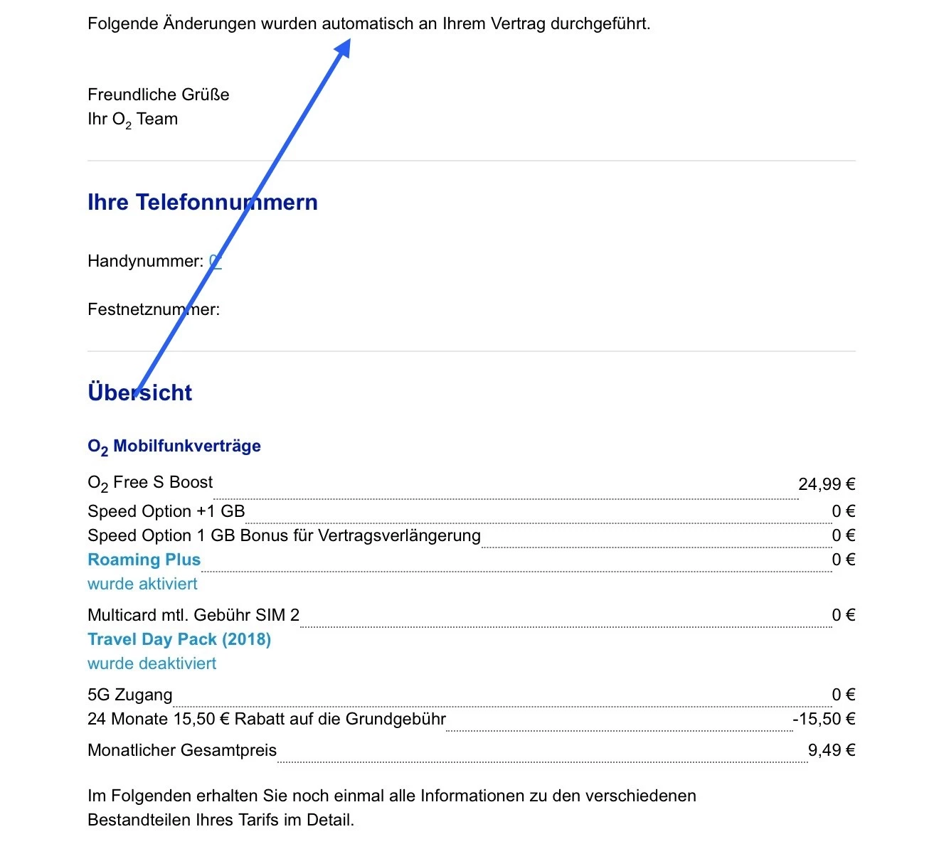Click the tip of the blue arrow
point(349,41)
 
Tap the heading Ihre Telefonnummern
point(202,203)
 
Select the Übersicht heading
point(140,392)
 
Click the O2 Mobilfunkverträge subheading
point(174,447)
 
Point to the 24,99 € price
point(827,484)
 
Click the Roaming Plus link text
point(144,560)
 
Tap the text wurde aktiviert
point(142,584)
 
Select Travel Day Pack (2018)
point(179,639)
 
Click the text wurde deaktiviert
point(152,663)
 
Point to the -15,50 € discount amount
point(824,719)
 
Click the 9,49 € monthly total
point(832,750)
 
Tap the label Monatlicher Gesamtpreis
point(182,750)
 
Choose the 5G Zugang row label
point(130,695)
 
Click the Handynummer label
point(145,262)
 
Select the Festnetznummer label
point(154,309)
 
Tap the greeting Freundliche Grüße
point(159,95)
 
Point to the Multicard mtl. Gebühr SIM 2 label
point(193,615)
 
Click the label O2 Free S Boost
point(150,483)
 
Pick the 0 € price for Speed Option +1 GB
point(844,511)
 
